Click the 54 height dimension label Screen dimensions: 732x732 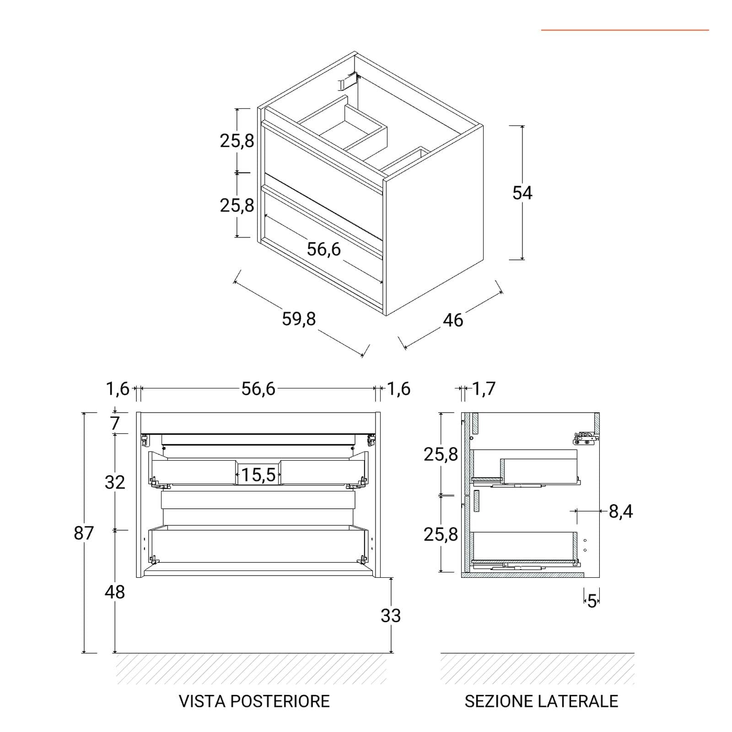[x=522, y=193]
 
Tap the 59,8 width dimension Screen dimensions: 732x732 [x=299, y=319]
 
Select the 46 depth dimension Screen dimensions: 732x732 [x=453, y=320]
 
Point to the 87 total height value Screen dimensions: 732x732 [x=84, y=533]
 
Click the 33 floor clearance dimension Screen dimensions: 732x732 [x=391, y=615]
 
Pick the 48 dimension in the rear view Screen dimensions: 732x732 [x=114, y=592]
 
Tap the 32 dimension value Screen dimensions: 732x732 [x=114, y=482]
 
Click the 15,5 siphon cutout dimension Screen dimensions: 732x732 [x=258, y=475]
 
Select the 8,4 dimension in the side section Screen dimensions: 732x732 [x=621, y=511]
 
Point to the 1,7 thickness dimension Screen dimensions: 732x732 [x=484, y=389]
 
